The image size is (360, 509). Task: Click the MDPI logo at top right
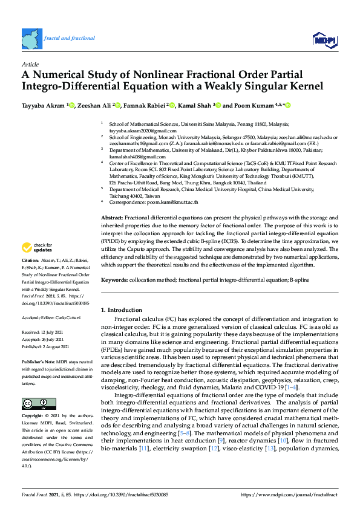point(325,40)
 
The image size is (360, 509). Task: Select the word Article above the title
point(30,64)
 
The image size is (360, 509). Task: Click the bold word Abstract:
point(112,217)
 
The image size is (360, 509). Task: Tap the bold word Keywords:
point(114,280)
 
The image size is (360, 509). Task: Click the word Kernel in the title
point(307,86)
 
